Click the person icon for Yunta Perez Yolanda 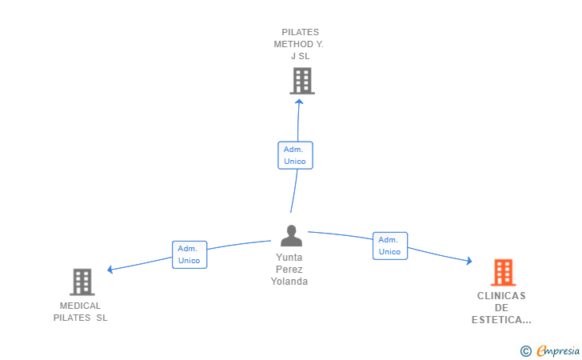tap(291, 235)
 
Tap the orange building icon tap(504, 272)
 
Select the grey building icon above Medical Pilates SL tap(82, 282)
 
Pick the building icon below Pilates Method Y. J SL tap(302, 81)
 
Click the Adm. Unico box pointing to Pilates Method tap(296, 155)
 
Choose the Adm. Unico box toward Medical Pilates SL tap(189, 254)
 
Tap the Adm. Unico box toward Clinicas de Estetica tap(390, 246)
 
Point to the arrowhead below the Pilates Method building tap(299, 102)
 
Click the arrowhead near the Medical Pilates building tap(110, 270)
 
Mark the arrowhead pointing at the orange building tap(469, 261)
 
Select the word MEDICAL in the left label tap(80, 306)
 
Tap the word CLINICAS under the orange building tap(501, 296)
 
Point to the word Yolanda tap(289, 282)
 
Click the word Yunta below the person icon tap(289, 257)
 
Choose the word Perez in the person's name tap(289, 270)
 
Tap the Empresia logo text tap(558, 350)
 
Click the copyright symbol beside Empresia tap(526, 351)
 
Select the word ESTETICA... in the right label tap(501, 320)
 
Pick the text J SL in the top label tap(301, 56)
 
